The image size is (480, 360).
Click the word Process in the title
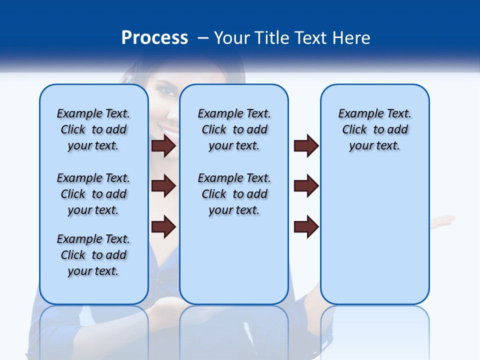coord(154,38)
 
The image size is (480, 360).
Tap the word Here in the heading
coord(351,38)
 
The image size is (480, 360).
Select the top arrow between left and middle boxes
coord(163,145)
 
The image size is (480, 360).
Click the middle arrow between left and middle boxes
coord(163,186)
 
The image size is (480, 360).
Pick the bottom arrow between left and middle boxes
coord(163,226)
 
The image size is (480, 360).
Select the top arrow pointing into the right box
coord(306,145)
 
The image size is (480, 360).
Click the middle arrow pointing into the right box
coord(306,186)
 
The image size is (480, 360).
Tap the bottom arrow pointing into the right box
coord(306,226)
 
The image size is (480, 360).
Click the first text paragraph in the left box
coord(93,129)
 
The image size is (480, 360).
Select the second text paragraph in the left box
coord(93,194)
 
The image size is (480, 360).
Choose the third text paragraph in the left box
coord(93,255)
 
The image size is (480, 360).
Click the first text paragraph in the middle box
coord(234,129)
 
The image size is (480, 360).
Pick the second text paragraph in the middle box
coord(234,194)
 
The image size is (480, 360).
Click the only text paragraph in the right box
coord(374,129)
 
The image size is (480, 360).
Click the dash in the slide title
coord(203,38)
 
